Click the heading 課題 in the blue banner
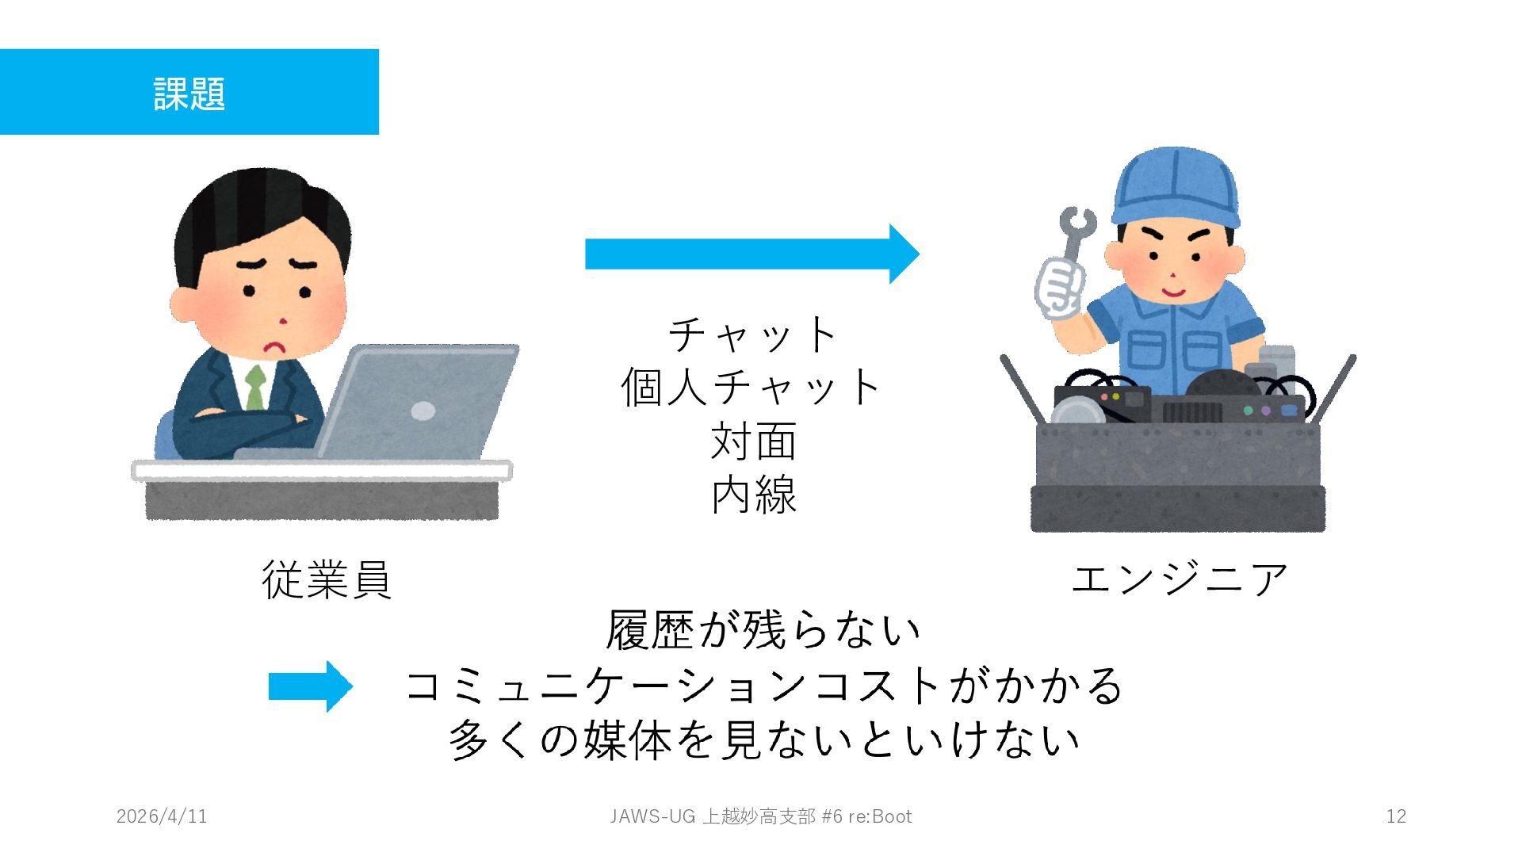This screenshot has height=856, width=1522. [x=189, y=94]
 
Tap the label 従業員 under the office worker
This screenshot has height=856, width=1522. [x=327, y=579]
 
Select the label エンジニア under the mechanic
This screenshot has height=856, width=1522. [x=1179, y=579]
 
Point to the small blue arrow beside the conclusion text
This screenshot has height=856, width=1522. [x=310, y=686]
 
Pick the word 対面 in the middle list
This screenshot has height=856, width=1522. [x=753, y=441]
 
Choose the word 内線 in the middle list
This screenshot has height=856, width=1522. [x=753, y=495]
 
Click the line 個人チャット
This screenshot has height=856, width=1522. [x=751, y=388]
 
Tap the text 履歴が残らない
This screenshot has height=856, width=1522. [x=763, y=630]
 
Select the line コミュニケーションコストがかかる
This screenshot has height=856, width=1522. [x=763, y=686]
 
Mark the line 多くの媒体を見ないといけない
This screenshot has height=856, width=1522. [x=763, y=739]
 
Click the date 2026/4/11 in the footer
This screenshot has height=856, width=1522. [x=162, y=816]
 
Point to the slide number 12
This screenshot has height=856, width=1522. [x=1396, y=816]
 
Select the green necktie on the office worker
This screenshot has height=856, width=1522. [x=254, y=388]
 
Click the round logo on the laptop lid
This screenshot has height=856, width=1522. [x=423, y=411]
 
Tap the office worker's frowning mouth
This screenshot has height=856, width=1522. [x=274, y=347]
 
